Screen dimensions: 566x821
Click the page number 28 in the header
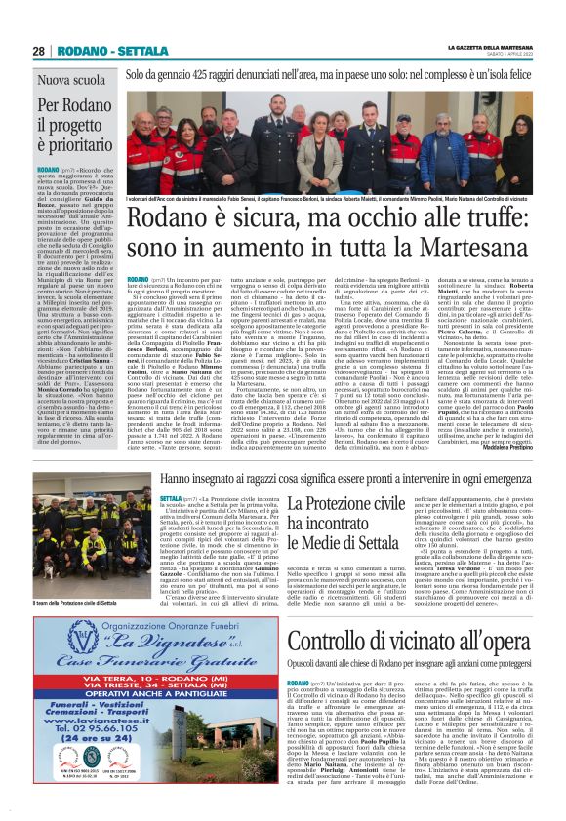(39, 51)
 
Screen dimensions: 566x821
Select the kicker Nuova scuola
(73, 80)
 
